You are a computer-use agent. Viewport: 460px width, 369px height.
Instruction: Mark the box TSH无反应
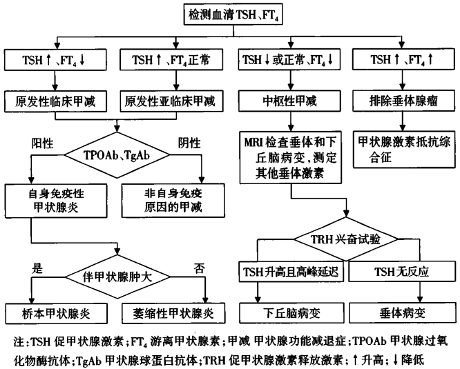pyautogui.click(x=402, y=271)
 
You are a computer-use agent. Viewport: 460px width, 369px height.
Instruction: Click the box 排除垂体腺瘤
pyautogui.click(x=402, y=102)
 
